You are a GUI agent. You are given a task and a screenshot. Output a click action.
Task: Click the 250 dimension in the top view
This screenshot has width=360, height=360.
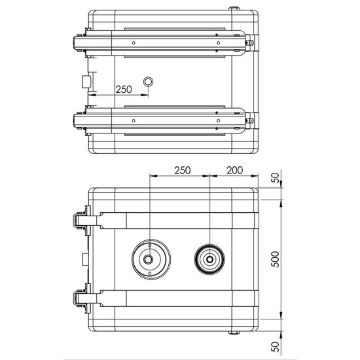click(124, 90)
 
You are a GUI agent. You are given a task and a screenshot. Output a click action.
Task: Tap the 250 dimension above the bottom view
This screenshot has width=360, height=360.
click(183, 170)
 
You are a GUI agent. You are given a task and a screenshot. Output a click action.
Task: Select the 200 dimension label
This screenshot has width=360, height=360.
click(234, 170)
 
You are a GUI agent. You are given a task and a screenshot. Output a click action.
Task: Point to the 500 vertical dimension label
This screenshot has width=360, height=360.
click(276, 259)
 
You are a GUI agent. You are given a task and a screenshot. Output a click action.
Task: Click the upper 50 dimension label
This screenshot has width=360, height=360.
click(276, 178)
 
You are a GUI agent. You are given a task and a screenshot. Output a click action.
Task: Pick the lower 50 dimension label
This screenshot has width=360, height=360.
click(276, 347)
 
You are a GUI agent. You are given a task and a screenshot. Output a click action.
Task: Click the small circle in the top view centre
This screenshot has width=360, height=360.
click(148, 82)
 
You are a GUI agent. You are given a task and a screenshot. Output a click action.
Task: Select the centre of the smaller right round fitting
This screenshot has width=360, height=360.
click(209, 259)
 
